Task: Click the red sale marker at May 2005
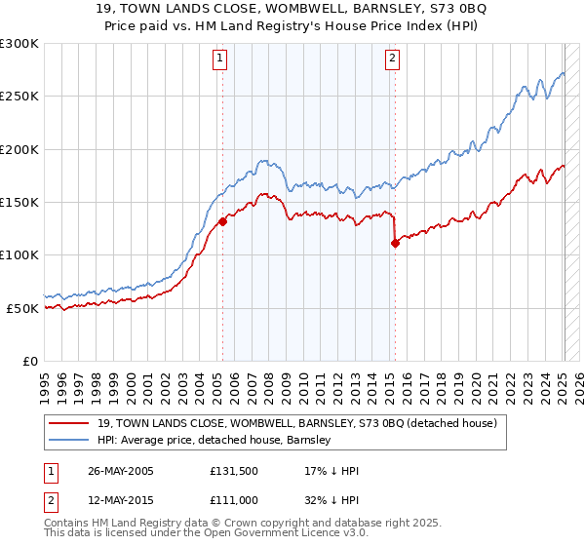(x=222, y=221)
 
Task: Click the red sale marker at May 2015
(x=395, y=244)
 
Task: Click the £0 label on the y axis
(x=29, y=361)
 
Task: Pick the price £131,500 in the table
(x=236, y=471)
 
